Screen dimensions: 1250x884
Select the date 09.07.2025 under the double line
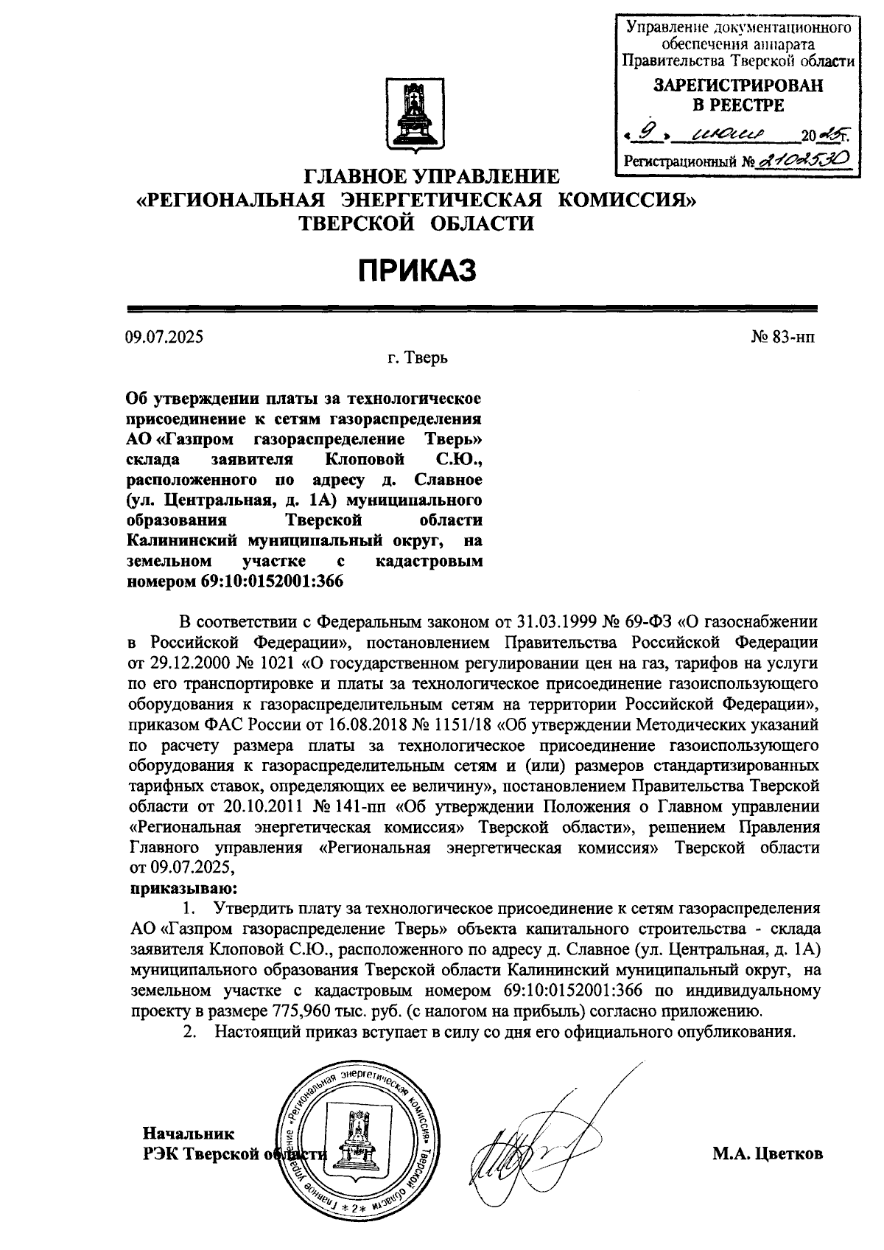coord(164,338)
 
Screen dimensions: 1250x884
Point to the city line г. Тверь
coord(418,359)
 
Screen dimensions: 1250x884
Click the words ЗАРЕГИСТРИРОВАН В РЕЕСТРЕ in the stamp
coord(738,95)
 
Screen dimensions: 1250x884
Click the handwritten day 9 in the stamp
coord(648,133)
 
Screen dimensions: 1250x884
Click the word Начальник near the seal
coord(189,1134)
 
